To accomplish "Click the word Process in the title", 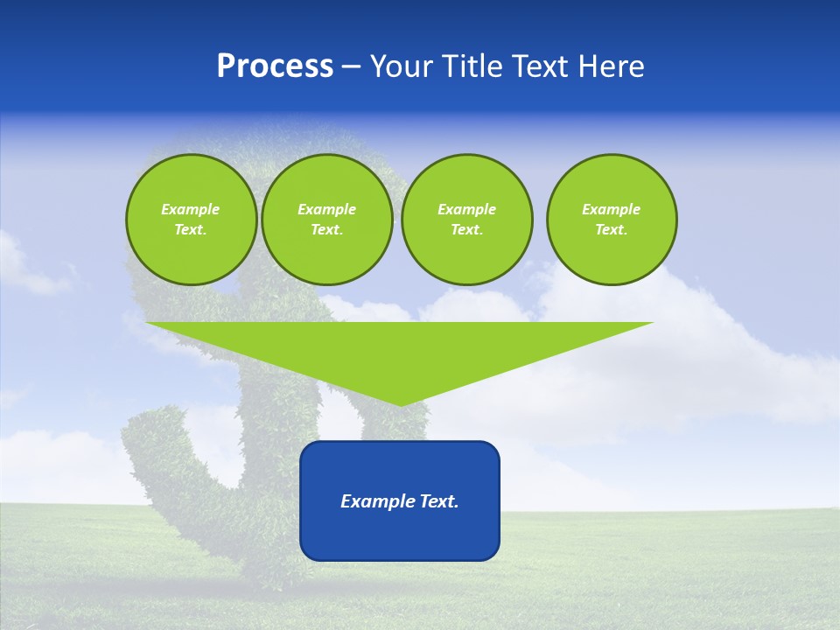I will click(x=275, y=66).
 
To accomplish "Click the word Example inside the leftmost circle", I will click(x=191, y=209).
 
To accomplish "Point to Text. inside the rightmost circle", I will click(x=612, y=230).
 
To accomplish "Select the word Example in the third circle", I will click(x=466, y=209).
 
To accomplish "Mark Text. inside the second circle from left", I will click(x=326, y=230).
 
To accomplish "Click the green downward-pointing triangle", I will click(x=400, y=350).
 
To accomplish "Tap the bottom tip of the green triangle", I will click(x=400, y=403).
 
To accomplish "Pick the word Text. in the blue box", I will click(x=439, y=501).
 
